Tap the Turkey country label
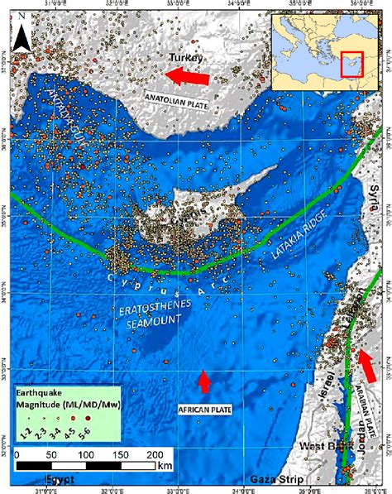(x=186, y=57)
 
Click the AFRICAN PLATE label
(x=204, y=409)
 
